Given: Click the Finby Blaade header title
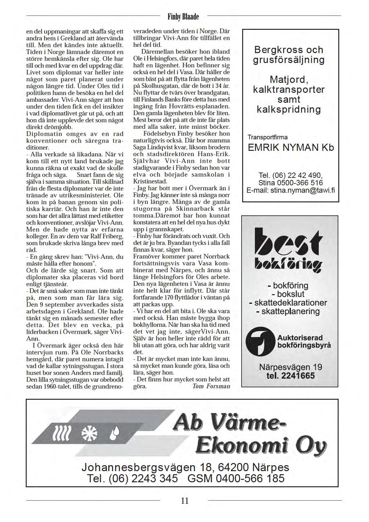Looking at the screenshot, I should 183,17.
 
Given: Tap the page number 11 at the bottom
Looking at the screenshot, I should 184,501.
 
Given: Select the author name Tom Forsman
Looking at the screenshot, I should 211,386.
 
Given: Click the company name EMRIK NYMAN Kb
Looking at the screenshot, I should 291,147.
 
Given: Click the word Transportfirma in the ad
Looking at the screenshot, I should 267,137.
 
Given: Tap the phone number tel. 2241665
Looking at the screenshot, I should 290,376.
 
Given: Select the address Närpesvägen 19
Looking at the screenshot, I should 290,367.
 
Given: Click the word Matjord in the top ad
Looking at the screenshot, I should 289,80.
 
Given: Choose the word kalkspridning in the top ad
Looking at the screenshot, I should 289,109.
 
